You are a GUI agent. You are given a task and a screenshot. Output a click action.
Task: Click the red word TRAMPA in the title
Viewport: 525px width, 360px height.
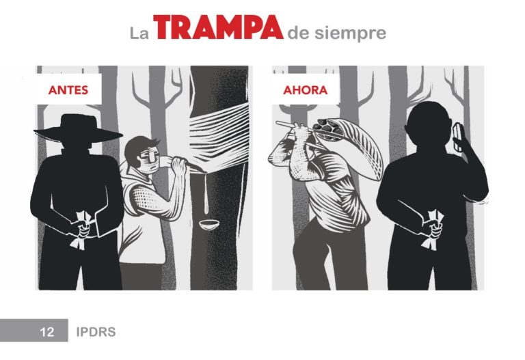pyautogui.click(x=218, y=27)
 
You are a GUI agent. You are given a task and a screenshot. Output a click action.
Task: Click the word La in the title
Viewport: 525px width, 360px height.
pyautogui.click(x=139, y=33)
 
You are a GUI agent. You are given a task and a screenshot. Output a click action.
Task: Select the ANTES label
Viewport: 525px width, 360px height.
pyautogui.click(x=68, y=89)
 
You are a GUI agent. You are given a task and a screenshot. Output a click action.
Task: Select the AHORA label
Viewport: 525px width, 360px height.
pyautogui.click(x=306, y=89)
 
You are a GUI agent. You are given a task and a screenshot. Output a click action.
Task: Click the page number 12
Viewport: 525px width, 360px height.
pyautogui.click(x=47, y=331)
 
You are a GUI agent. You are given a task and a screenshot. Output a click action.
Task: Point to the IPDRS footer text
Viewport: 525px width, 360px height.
pyautogui.click(x=96, y=331)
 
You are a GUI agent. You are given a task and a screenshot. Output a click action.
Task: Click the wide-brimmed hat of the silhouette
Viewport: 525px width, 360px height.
pyautogui.click(x=79, y=128)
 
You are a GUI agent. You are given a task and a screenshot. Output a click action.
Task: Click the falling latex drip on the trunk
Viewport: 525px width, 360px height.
pyautogui.click(x=206, y=194)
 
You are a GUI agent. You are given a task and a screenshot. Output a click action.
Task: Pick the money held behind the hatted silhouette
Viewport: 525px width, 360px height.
pyautogui.click(x=81, y=230)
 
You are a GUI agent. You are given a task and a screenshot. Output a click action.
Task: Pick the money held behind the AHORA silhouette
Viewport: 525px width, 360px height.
pyautogui.click(x=434, y=230)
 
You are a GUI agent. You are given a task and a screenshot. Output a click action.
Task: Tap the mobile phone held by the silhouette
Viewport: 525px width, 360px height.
pyautogui.click(x=458, y=137)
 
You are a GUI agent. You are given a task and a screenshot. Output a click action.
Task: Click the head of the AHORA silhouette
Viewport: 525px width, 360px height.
pyautogui.click(x=429, y=123)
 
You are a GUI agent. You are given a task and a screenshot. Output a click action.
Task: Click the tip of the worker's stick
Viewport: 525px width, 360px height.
pyautogui.click(x=278, y=123)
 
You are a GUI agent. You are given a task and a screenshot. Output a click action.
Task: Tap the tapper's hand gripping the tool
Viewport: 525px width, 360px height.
pyautogui.click(x=178, y=165)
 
